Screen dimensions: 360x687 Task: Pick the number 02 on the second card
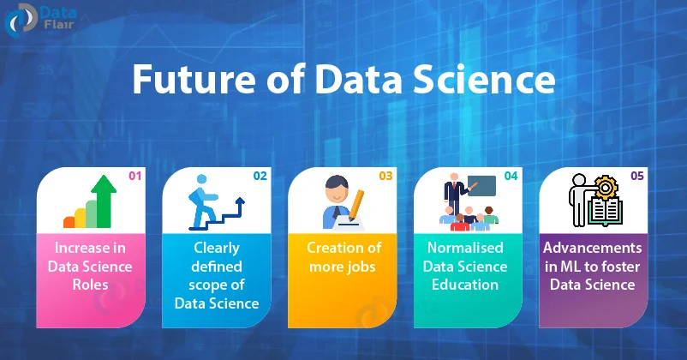tap(260, 177)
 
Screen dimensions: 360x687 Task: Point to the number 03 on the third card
tap(385, 177)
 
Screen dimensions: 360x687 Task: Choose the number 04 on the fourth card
tap(511, 177)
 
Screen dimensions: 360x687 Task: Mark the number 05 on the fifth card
tap(637, 177)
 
